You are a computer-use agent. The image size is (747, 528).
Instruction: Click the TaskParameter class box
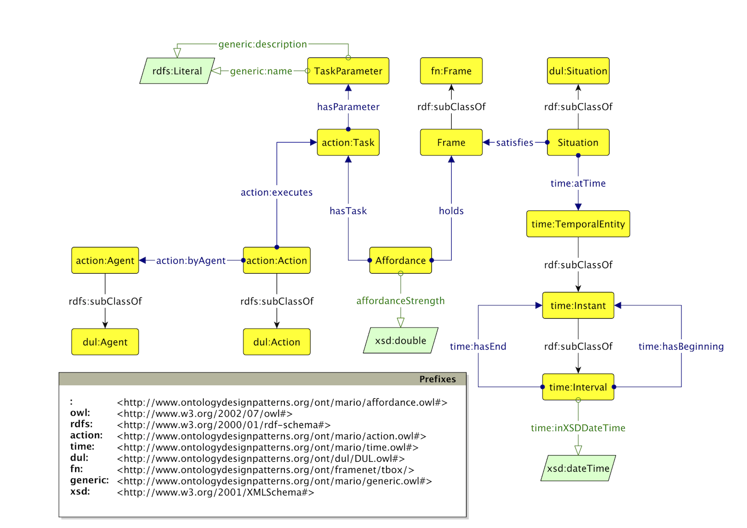tap(348, 71)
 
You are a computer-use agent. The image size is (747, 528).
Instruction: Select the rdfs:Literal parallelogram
tap(177, 71)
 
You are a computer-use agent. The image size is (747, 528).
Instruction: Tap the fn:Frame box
tap(451, 71)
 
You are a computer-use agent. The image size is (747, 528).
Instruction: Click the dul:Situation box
tap(578, 71)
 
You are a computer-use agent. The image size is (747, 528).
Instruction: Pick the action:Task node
tap(348, 143)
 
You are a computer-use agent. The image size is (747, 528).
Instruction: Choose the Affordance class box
tap(400, 260)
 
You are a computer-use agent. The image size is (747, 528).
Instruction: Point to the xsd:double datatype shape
tap(401, 340)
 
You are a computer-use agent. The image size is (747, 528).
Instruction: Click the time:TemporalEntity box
tap(578, 224)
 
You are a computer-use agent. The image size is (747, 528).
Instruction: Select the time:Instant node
tap(578, 305)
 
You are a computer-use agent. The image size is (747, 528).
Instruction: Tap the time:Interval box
tap(578, 387)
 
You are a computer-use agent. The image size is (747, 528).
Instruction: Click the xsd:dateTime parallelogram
tap(578, 468)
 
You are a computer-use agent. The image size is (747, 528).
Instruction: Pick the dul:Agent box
tap(105, 342)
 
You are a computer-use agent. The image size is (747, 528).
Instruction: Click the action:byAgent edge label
tap(191, 260)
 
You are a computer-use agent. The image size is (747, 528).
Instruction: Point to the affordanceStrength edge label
tap(401, 301)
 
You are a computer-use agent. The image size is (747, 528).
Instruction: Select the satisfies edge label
tap(514, 143)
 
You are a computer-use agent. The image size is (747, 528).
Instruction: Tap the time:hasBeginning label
tap(681, 346)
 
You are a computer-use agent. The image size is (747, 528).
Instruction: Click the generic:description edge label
tap(263, 44)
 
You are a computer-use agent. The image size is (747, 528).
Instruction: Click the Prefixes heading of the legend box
tap(437, 379)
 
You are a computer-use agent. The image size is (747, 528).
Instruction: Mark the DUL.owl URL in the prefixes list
tap(261, 459)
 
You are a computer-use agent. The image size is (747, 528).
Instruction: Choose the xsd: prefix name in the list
tap(80, 492)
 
